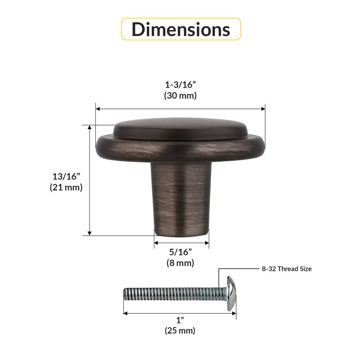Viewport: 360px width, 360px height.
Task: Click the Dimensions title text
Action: pos(181,29)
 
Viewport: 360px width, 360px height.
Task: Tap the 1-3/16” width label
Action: pos(180,85)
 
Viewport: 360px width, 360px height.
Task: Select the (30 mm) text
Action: pos(180,95)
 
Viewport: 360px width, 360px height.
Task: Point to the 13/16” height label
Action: pos(66,176)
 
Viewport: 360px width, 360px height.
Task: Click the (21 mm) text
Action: pos(66,187)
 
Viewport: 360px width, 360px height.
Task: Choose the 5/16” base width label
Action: pos(180,252)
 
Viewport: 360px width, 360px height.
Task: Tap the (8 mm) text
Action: pos(180,263)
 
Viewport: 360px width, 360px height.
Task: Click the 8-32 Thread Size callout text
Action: pos(287,269)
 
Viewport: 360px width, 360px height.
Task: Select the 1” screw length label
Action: pos(180,320)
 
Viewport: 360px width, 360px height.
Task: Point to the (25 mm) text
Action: pos(180,331)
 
